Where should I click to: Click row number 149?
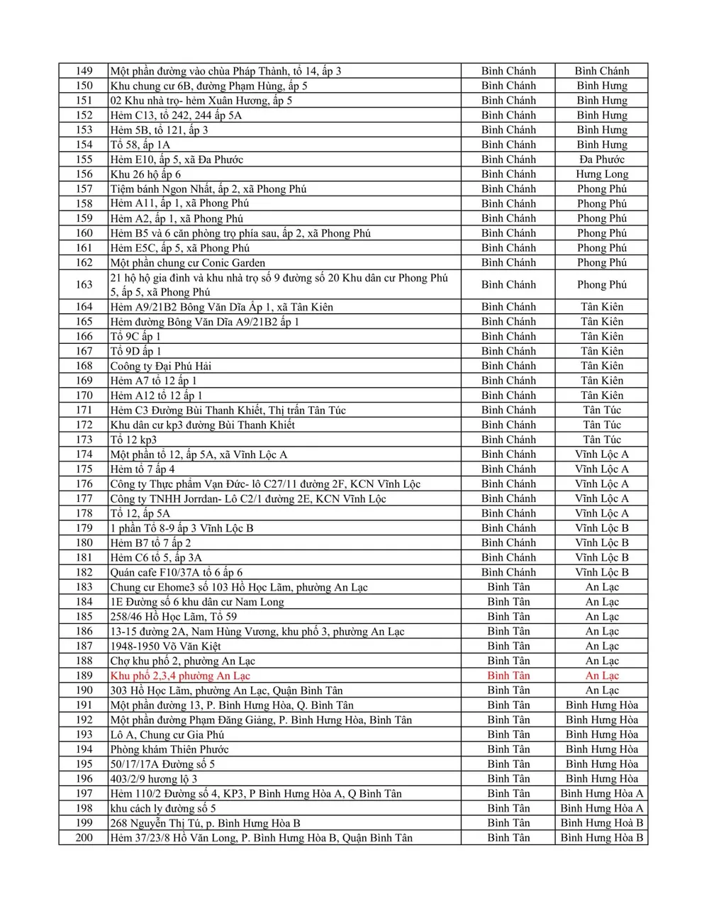point(84,71)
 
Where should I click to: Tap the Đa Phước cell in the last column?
point(601,159)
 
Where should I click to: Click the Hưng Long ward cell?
point(601,174)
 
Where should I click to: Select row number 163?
point(84,285)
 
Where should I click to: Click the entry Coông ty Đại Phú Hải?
point(160,366)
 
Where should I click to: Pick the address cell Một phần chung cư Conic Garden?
point(188,263)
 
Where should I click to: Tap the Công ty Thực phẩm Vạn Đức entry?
point(264,484)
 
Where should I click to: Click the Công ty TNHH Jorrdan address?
point(247,499)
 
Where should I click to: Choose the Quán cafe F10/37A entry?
point(176,573)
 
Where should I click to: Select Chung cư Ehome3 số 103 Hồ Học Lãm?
point(238,587)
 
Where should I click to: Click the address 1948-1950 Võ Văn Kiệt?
point(165,646)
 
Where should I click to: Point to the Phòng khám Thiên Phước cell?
point(169,749)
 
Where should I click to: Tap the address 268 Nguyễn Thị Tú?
point(205,823)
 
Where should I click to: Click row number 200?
point(84,838)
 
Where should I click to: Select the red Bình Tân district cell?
point(508,676)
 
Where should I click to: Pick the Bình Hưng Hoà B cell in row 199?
point(601,823)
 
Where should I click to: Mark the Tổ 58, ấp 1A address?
point(140,145)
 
